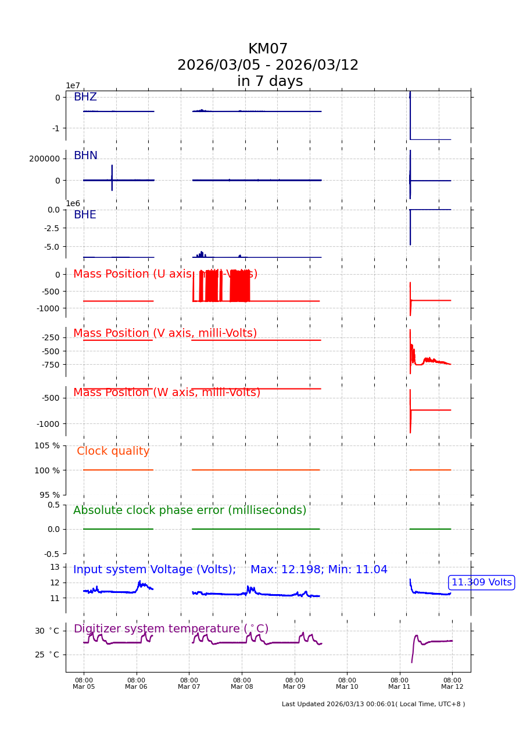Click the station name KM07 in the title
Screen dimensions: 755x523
click(x=268, y=49)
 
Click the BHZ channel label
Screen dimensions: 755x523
click(x=85, y=97)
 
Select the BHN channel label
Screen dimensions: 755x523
click(x=85, y=156)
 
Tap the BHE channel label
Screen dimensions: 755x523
click(x=85, y=215)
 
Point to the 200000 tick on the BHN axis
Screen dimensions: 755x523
click(x=44, y=159)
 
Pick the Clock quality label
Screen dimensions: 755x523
click(x=113, y=451)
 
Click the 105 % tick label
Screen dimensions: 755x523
click(x=47, y=445)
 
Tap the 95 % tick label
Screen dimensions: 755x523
click(x=49, y=495)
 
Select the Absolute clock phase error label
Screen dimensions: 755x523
click(x=189, y=510)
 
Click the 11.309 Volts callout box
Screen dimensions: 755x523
click(x=482, y=583)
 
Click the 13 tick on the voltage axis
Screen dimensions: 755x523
click(x=55, y=567)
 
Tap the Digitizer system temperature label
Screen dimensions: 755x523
click(x=171, y=629)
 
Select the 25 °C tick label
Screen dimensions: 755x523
click(x=46, y=655)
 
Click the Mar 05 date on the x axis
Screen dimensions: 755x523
click(x=84, y=687)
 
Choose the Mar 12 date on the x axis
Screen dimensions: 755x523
click(x=452, y=687)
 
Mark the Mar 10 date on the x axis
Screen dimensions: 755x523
click(x=347, y=687)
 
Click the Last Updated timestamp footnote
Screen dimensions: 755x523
click(x=373, y=704)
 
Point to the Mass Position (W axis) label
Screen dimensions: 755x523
click(x=167, y=393)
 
